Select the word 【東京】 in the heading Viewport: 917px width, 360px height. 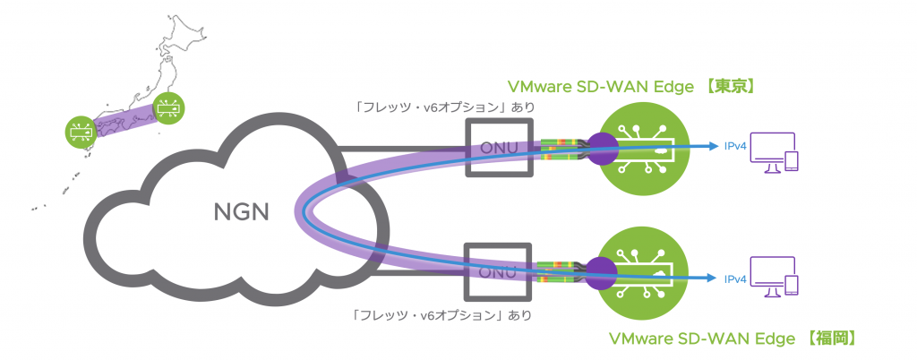[x=730, y=87]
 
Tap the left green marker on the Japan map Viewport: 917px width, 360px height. [x=80, y=132]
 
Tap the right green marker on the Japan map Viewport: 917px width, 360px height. [x=167, y=107]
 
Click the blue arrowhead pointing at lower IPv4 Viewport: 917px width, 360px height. [x=712, y=279]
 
